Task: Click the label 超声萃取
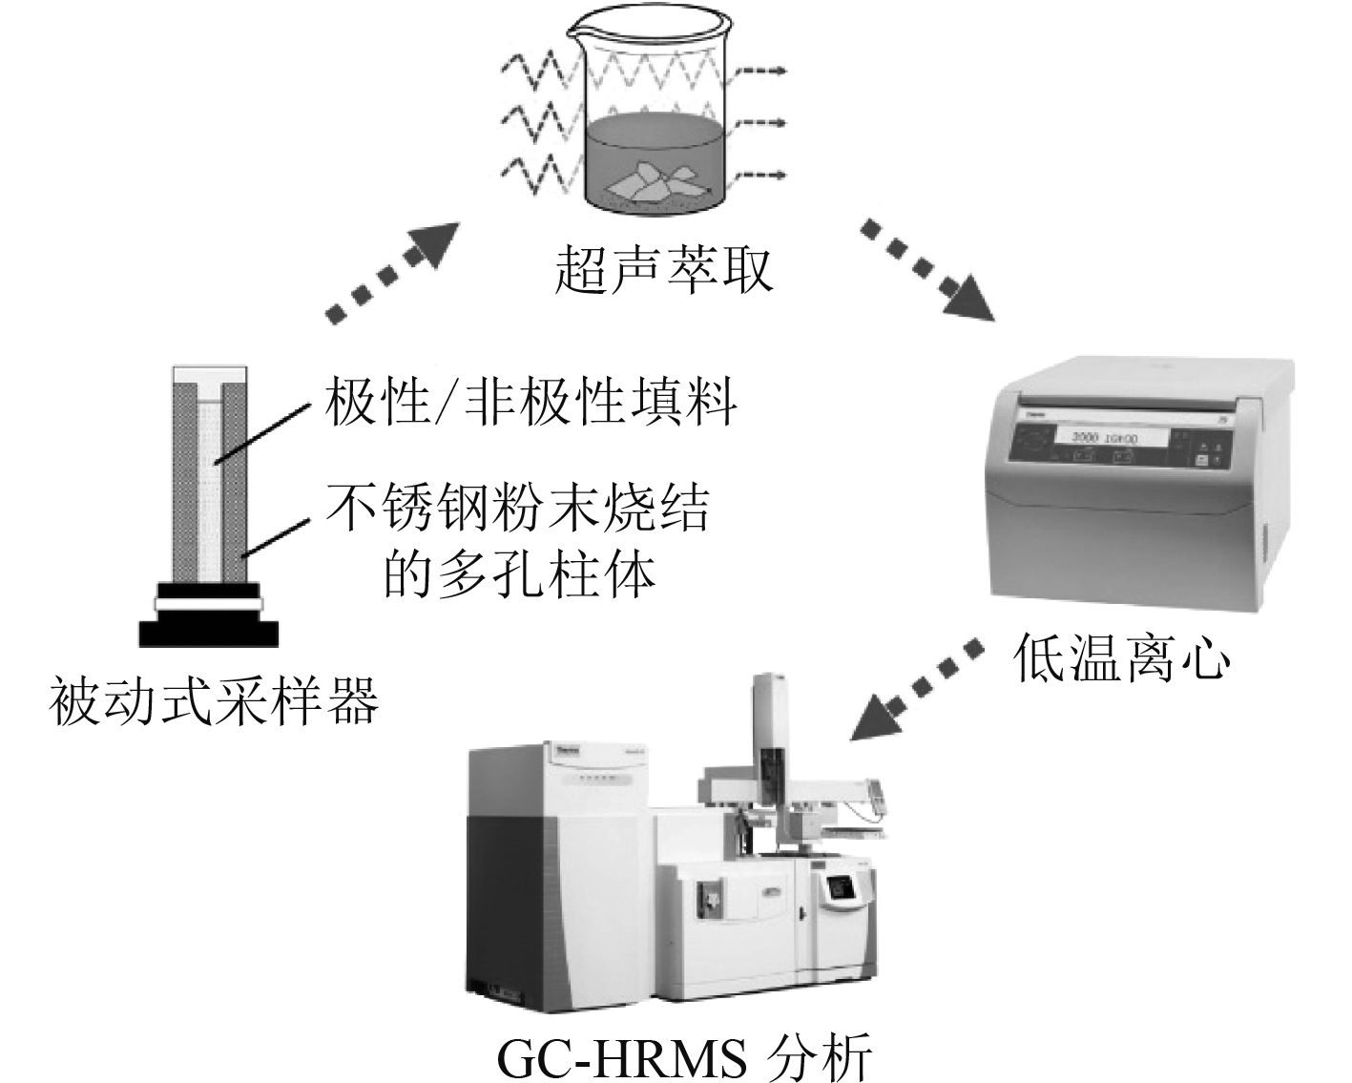663,270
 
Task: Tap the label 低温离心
1122,658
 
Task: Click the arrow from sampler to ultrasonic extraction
391,272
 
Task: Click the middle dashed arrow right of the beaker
761,124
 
